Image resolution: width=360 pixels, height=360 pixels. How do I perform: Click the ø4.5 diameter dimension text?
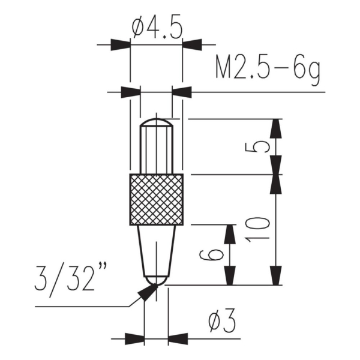tap(156, 28)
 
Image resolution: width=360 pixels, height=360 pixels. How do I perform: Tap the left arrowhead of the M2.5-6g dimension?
tap(130, 92)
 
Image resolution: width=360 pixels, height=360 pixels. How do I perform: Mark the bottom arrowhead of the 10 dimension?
tap(275, 276)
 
